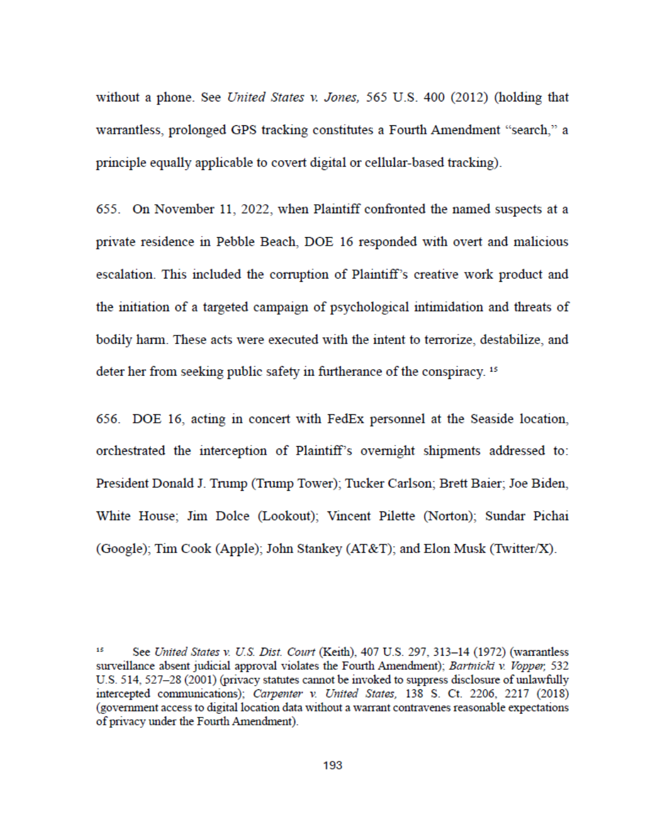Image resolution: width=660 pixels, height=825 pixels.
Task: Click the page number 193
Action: pos(332,765)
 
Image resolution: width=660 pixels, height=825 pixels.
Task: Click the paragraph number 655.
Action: pos(108,209)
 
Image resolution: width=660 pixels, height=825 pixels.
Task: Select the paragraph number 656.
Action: pos(108,419)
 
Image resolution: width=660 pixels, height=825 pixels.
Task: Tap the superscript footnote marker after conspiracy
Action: pos(494,369)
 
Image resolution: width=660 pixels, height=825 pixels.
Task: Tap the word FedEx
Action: pos(345,419)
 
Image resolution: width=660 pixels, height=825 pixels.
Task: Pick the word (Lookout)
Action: pos(288,516)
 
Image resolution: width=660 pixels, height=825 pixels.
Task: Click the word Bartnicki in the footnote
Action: pos(472,665)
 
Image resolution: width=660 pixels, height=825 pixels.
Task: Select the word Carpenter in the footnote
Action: pos(277,694)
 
